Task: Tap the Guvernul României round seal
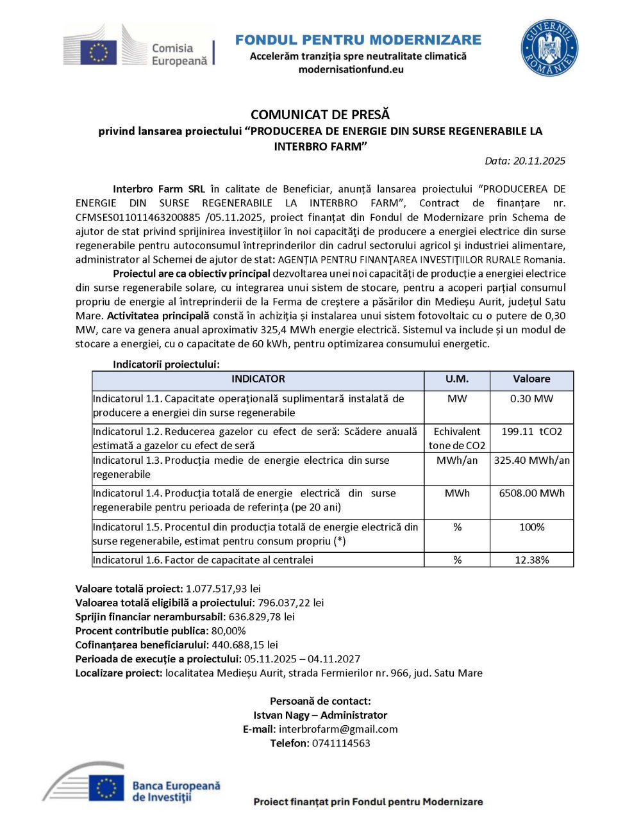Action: click(x=549, y=48)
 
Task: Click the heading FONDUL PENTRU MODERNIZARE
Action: click(x=358, y=40)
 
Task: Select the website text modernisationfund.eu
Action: click(x=351, y=69)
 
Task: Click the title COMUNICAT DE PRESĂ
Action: click(x=320, y=115)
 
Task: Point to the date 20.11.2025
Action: click(x=539, y=161)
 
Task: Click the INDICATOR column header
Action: click(x=258, y=379)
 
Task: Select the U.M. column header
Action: click(x=456, y=379)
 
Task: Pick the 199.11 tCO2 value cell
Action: click(x=531, y=432)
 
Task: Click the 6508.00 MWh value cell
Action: click(x=531, y=493)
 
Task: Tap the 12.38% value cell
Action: click(x=531, y=560)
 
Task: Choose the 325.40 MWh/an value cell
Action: click(x=531, y=461)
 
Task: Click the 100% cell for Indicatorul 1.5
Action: click(x=531, y=527)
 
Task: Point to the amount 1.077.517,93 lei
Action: click(x=223, y=588)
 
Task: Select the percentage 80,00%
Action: click(x=228, y=630)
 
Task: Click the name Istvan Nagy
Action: click(x=281, y=715)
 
